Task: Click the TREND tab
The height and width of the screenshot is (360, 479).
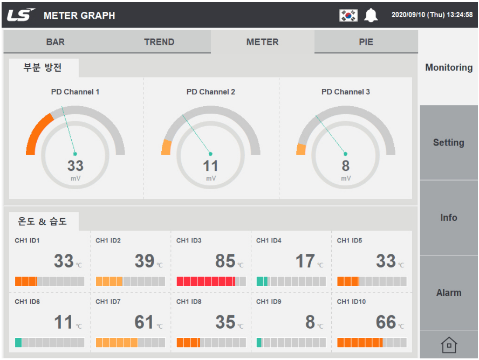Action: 159,42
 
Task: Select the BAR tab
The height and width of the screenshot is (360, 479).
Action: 56,42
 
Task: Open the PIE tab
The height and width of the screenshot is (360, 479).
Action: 366,42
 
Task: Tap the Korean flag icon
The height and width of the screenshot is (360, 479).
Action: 348,15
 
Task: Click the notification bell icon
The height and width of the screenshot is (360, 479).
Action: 371,15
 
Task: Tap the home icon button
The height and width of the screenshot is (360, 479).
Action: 449,345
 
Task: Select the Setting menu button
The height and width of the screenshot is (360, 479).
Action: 449,142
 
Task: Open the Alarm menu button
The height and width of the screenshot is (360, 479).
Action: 449,293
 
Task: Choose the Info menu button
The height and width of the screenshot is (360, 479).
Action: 449,218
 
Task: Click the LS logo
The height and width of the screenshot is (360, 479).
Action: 21,15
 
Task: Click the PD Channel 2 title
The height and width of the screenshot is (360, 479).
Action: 211,92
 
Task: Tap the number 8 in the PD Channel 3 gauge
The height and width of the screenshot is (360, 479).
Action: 346,166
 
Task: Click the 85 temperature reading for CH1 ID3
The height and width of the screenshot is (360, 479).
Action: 225,261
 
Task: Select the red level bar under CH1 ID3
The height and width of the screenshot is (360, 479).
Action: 206,281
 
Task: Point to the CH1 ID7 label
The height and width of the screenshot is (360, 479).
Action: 108,302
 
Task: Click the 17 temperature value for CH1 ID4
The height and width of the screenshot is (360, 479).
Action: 305,261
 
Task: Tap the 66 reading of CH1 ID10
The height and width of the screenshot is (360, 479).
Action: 386,322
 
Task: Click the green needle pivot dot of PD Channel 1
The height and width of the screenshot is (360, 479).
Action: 75,154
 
